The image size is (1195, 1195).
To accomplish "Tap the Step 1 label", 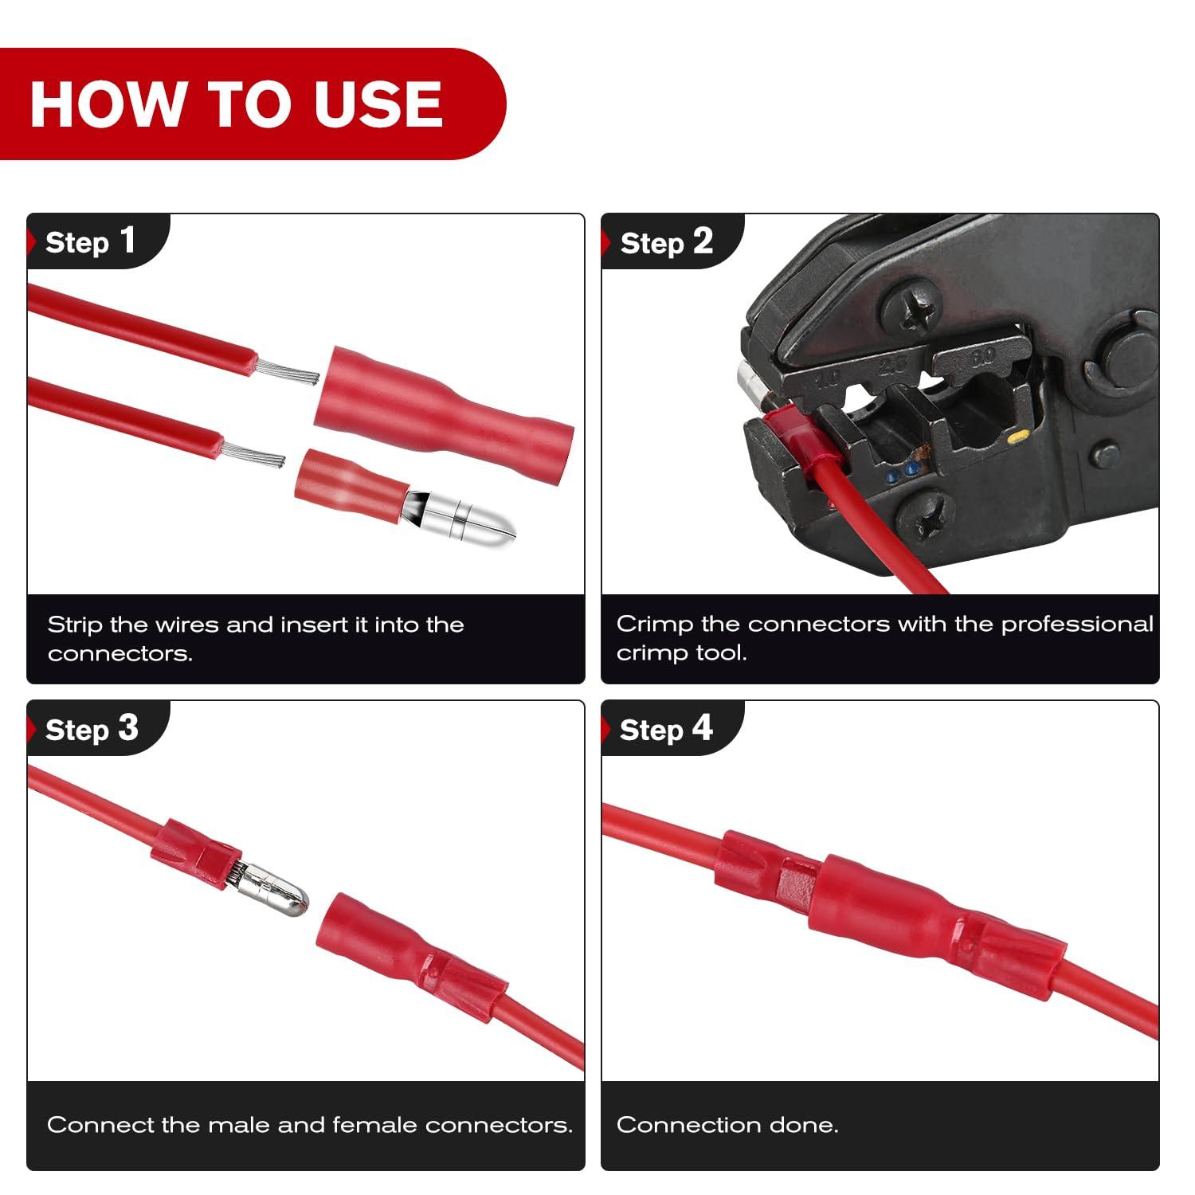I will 90,241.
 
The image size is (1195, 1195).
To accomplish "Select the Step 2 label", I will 666,241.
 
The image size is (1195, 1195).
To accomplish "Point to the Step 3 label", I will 92,729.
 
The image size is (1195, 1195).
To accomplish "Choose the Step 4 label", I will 666,729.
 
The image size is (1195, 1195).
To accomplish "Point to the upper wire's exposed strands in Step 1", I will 287,370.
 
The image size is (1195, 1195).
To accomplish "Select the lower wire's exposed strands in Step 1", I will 253,456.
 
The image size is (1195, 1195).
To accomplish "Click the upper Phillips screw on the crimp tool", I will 911,306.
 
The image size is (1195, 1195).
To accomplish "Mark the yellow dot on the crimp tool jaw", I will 1017,437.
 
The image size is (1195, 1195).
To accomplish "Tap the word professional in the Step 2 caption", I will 1076,624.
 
